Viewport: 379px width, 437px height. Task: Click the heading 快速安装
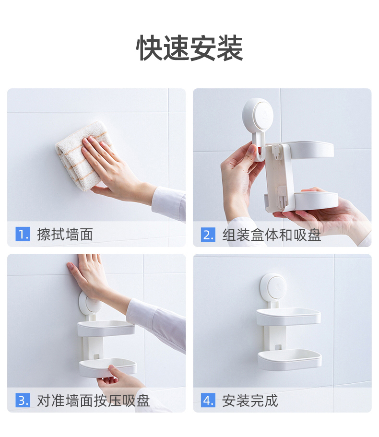pyautogui.click(x=189, y=48)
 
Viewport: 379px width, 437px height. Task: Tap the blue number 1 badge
pyautogui.click(x=23, y=234)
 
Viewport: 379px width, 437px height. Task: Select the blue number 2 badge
pyautogui.click(x=208, y=235)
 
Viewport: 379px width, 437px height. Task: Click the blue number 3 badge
pyautogui.click(x=23, y=400)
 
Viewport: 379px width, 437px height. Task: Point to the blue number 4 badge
pyautogui.click(x=208, y=400)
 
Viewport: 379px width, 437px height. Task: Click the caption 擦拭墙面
pyautogui.click(x=65, y=234)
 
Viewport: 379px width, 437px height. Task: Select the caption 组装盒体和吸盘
pyautogui.click(x=272, y=235)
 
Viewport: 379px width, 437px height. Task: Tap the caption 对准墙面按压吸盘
pyautogui.click(x=94, y=401)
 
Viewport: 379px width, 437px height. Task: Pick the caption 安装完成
pyautogui.click(x=250, y=401)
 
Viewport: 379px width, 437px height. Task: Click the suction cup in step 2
pyautogui.click(x=258, y=114)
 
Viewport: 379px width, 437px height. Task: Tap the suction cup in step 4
pyautogui.click(x=273, y=286)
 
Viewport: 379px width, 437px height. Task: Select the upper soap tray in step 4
pyautogui.click(x=288, y=316)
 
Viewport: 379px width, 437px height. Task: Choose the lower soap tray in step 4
pyautogui.click(x=290, y=359)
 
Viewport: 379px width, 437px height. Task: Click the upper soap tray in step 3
pyautogui.click(x=106, y=328)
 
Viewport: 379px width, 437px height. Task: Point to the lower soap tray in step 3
pyautogui.click(x=107, y=367)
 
